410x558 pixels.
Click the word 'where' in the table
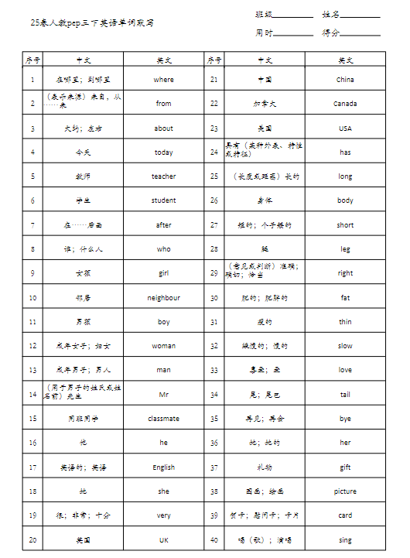[164, 80]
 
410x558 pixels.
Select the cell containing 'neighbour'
[164, 298]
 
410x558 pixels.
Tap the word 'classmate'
[164, 419]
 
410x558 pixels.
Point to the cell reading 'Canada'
[345, 104]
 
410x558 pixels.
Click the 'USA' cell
[345, 128]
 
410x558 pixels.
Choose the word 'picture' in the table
[345, 491]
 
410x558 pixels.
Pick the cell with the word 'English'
[164, 467]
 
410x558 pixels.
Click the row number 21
[214, 80]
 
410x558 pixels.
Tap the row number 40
[214, 540]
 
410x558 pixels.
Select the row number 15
[32, 419]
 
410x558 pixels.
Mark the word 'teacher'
[164, 176]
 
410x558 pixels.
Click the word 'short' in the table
[345, 225]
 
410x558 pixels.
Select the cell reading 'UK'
[164, 540]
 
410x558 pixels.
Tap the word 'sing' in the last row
[345, 540]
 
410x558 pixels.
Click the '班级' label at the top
[264, 15]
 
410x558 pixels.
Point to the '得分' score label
[331, 33]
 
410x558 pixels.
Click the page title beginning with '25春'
[92, 23]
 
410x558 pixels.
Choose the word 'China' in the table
[345, 80]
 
